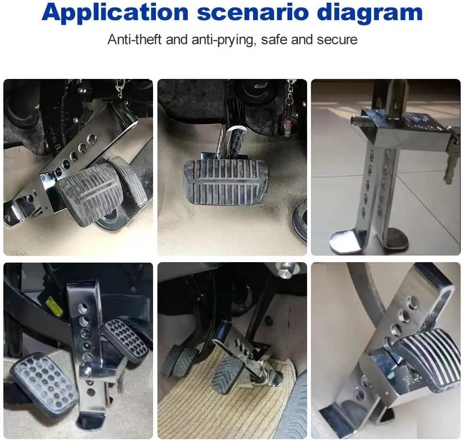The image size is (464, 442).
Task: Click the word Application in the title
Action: coord(115,13)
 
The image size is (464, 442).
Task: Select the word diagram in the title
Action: coord(369,13)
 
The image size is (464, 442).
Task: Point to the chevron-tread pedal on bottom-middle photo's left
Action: coord(177,362)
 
